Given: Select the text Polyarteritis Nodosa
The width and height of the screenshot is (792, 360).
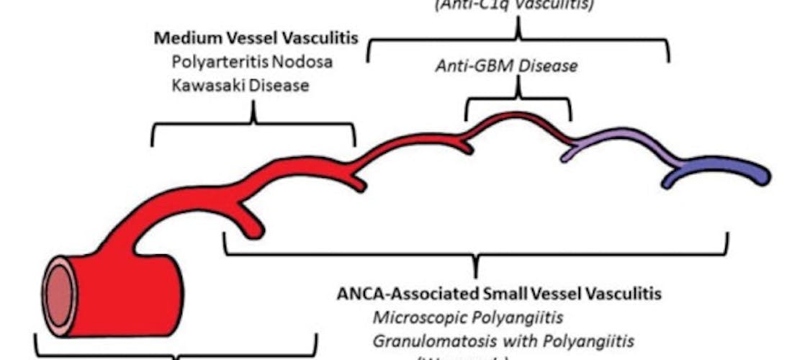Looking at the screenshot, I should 252,61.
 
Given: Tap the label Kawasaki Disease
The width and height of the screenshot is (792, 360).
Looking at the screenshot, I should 240,86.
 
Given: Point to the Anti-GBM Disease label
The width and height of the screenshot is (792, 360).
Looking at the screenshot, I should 506,66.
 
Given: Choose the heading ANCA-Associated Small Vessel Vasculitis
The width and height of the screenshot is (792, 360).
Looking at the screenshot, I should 499,294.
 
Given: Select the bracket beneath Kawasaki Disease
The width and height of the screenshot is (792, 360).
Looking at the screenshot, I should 253,124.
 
